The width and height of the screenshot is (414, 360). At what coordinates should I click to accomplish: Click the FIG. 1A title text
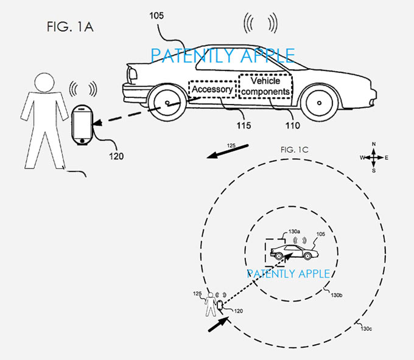pos(70,27)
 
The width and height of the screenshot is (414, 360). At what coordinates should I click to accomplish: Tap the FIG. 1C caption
pos(295,150)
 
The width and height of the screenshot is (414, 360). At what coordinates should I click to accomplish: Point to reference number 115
pos(244,125)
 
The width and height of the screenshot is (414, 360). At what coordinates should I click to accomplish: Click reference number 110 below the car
pos(293,125)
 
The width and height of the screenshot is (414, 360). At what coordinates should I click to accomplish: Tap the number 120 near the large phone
pos(116,156)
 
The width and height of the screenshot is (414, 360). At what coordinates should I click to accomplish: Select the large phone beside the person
pos(82,125)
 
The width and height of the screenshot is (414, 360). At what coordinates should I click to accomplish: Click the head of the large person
pos(44,83)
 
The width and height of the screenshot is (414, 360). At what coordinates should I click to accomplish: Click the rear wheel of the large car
pos(167,103)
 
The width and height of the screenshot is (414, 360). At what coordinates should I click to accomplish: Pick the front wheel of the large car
pos(319,103)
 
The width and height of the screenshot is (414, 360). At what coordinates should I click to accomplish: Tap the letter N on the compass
pos(374,144)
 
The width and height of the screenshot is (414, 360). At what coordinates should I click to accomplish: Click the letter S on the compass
pos(374,171)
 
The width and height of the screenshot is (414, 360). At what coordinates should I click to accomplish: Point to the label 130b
pos(337,295)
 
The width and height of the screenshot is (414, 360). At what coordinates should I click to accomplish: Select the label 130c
pos(367,329)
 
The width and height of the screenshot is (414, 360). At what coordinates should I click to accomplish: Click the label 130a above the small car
pos(294,232)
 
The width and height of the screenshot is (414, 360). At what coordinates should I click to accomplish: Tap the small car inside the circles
pos(295,252)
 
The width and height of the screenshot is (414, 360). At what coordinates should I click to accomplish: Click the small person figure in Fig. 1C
pos(211,304)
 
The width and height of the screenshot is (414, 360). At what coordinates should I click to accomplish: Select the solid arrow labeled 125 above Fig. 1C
pos(227,151)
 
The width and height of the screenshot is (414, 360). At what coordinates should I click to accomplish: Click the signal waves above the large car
pos(261,23)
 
